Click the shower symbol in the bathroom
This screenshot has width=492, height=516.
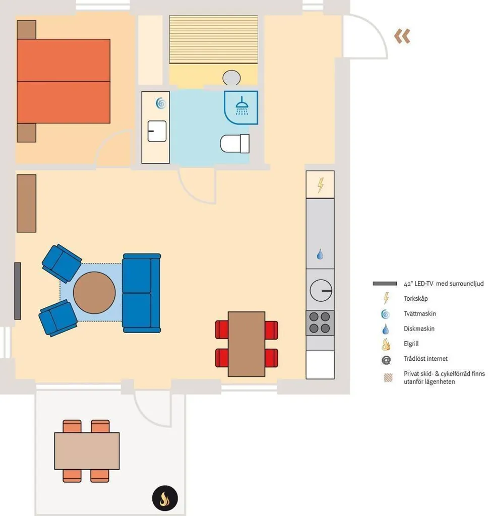click(242, 106)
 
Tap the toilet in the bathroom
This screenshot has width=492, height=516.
click(234, 144)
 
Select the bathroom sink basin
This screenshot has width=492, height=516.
click(157, 131)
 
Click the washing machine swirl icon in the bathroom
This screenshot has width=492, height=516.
click(161, 103)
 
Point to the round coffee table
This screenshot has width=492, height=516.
click(94, 293)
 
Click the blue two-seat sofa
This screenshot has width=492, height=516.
click(142, 293)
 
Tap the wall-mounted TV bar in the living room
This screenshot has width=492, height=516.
click(18, 291)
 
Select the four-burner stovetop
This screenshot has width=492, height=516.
click(320, 322)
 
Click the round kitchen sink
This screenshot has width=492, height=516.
click(321, 291)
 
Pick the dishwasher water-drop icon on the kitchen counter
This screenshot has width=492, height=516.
click(320, 254)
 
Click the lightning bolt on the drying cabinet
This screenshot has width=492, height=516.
click(321, 185)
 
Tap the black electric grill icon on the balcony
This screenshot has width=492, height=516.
click(165, 498)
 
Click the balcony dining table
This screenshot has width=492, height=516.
click(87, 451)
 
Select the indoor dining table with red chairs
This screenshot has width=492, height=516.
click(247, 344)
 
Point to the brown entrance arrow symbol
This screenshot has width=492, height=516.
click(402, 36)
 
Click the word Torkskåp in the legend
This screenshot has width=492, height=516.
click(415, 298)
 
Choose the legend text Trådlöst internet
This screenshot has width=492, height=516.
click(425, 358)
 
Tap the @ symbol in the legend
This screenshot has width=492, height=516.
click(386, 360)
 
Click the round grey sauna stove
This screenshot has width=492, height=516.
click(231, 78)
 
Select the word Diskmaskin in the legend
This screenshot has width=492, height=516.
click(419, 329)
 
